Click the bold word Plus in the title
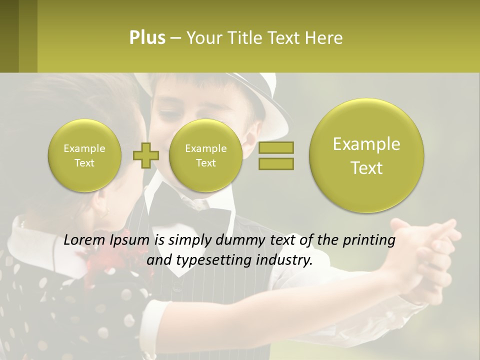coord(147,37)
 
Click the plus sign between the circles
coord(145,155)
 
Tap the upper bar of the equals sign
coord(275,147)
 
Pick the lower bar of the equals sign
coord(275,163)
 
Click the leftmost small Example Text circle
coord(84,155)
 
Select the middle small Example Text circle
coord(206,155)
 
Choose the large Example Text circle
coord(366,155)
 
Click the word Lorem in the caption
coord(83,240)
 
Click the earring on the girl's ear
coord(103,213)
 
